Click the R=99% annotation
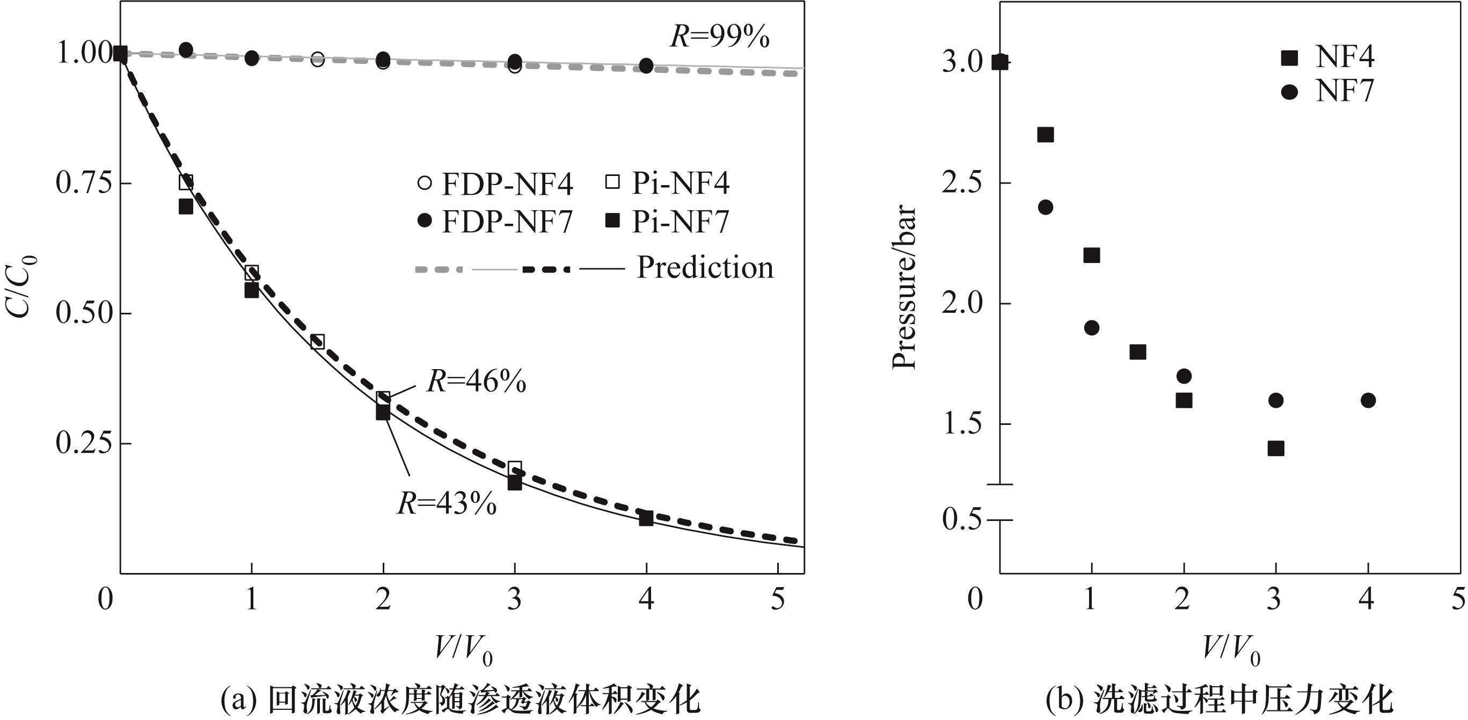pyautogui.click(x=719, y=38)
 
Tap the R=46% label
pyautogui.click(x=477, y=381)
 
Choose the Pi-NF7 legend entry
pyautogui.click(x=667, y=222)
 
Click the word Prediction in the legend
pyautogui.click(x=705, y=268)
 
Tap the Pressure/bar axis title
pyautogui.click(x=904, y=288)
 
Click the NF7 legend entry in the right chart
pyautogui.click(x=1328, y=91)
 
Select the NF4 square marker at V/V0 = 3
pyautogui.click(x=1276, y=449)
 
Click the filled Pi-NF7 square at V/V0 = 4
pyautogui.click(x=646, y=518)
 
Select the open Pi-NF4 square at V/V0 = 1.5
pyautogui.click(x=317, y=342)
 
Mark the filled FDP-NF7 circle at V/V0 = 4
pyautogui.click(x=646, y=65)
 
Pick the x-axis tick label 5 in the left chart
pyautogui.click(x=778, y=600)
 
